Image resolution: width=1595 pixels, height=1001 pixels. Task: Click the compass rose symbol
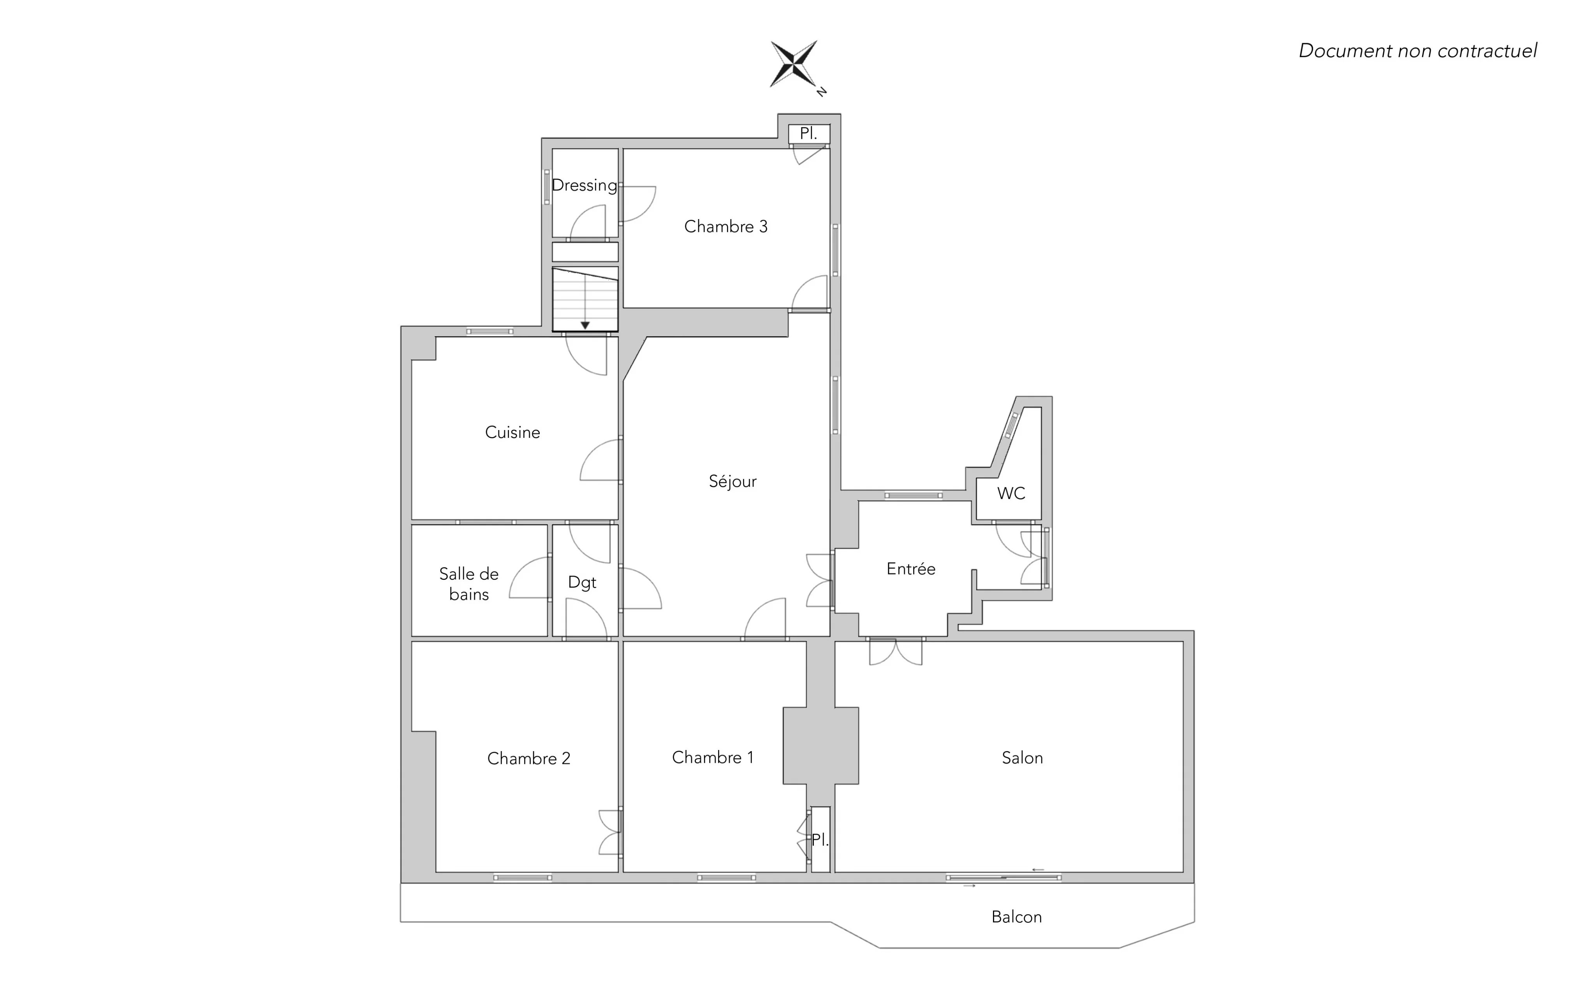[x=794, y=64]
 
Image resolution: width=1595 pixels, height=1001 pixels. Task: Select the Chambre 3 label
[x=726, y=227]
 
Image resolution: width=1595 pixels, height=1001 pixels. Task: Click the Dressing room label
[x=584, y=185]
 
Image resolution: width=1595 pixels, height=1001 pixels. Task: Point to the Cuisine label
[x=513, y=432]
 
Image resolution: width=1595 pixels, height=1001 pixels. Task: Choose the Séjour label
[x=732, y=481]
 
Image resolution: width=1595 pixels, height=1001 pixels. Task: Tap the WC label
[x=1011, y=493]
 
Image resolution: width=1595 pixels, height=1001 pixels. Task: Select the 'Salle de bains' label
[x=469, y=584]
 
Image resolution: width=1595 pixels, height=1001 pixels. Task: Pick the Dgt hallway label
[x=582, y=583]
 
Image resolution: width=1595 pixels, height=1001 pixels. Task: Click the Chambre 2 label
[x=528, y=758]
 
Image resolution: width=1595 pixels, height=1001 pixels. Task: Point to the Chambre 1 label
[x=713, y=757]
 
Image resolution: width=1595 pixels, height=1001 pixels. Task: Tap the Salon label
[x=1022, y=758]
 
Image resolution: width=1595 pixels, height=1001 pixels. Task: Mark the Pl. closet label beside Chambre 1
[x=820, y=840]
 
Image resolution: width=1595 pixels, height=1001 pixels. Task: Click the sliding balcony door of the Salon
[x=1003, y=878]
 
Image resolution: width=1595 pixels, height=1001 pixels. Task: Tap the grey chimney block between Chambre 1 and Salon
[x=821, y=745]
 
